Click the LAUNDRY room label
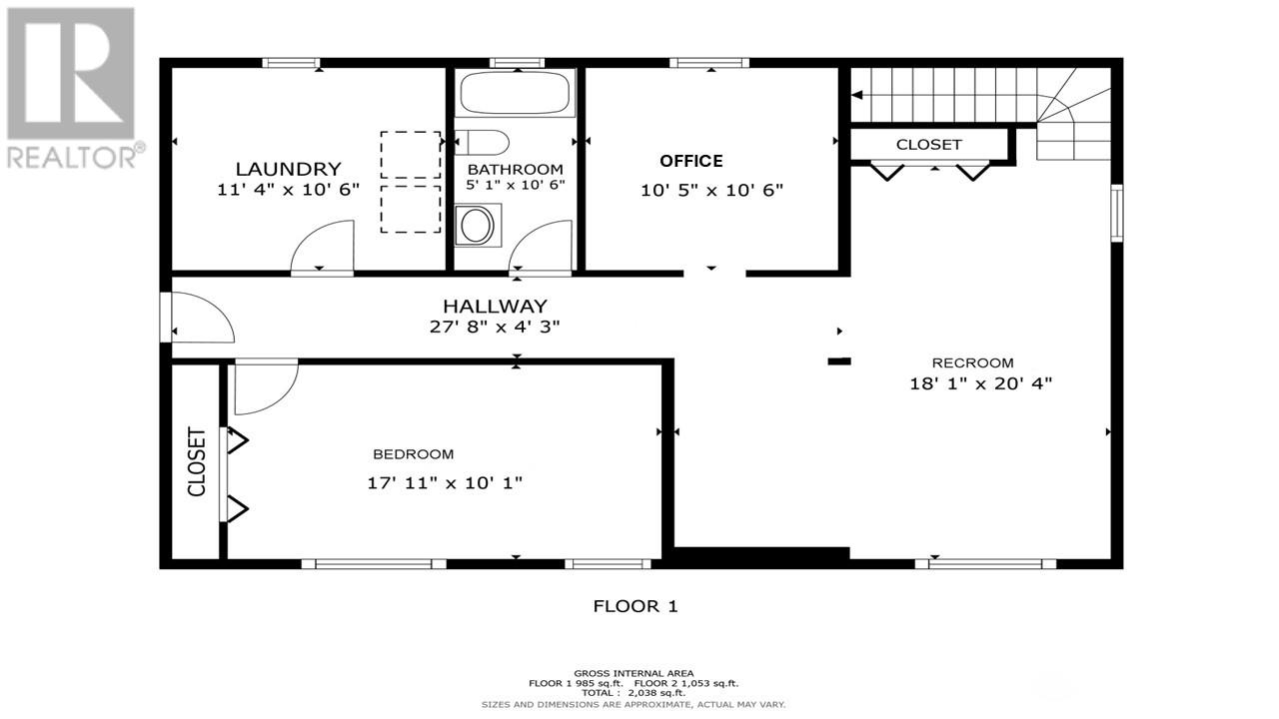pyautogui.click(x=288, y=169)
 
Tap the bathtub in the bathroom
pyautogui.click(x=516, y=94)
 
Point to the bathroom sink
pyautogui.click(x=478, y=225)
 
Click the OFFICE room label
pyautogui.click(x=690, y=161)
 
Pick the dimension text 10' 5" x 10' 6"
pyautogui.click(x=711, y=190)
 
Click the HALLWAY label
pyautogui.click(x=495, y=306)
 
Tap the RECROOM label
pyautogui.click(x=972, y=362)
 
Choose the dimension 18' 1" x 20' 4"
pyautogui.click(x=980, y=382)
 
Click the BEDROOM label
pyautogui.click(x=413, y=453)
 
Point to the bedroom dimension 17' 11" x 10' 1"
pyautogui.click(x=445, y=483)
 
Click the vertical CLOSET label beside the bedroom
pyautogui.click(x=196, y=461)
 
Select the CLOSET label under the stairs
pyautogui.click(x=928, y=145)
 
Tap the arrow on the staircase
pyautogui.click(x=857, y=96)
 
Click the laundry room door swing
pyautogui.click(x=322, y=250)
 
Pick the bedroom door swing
pyautogui.click(x=265, y=386)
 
